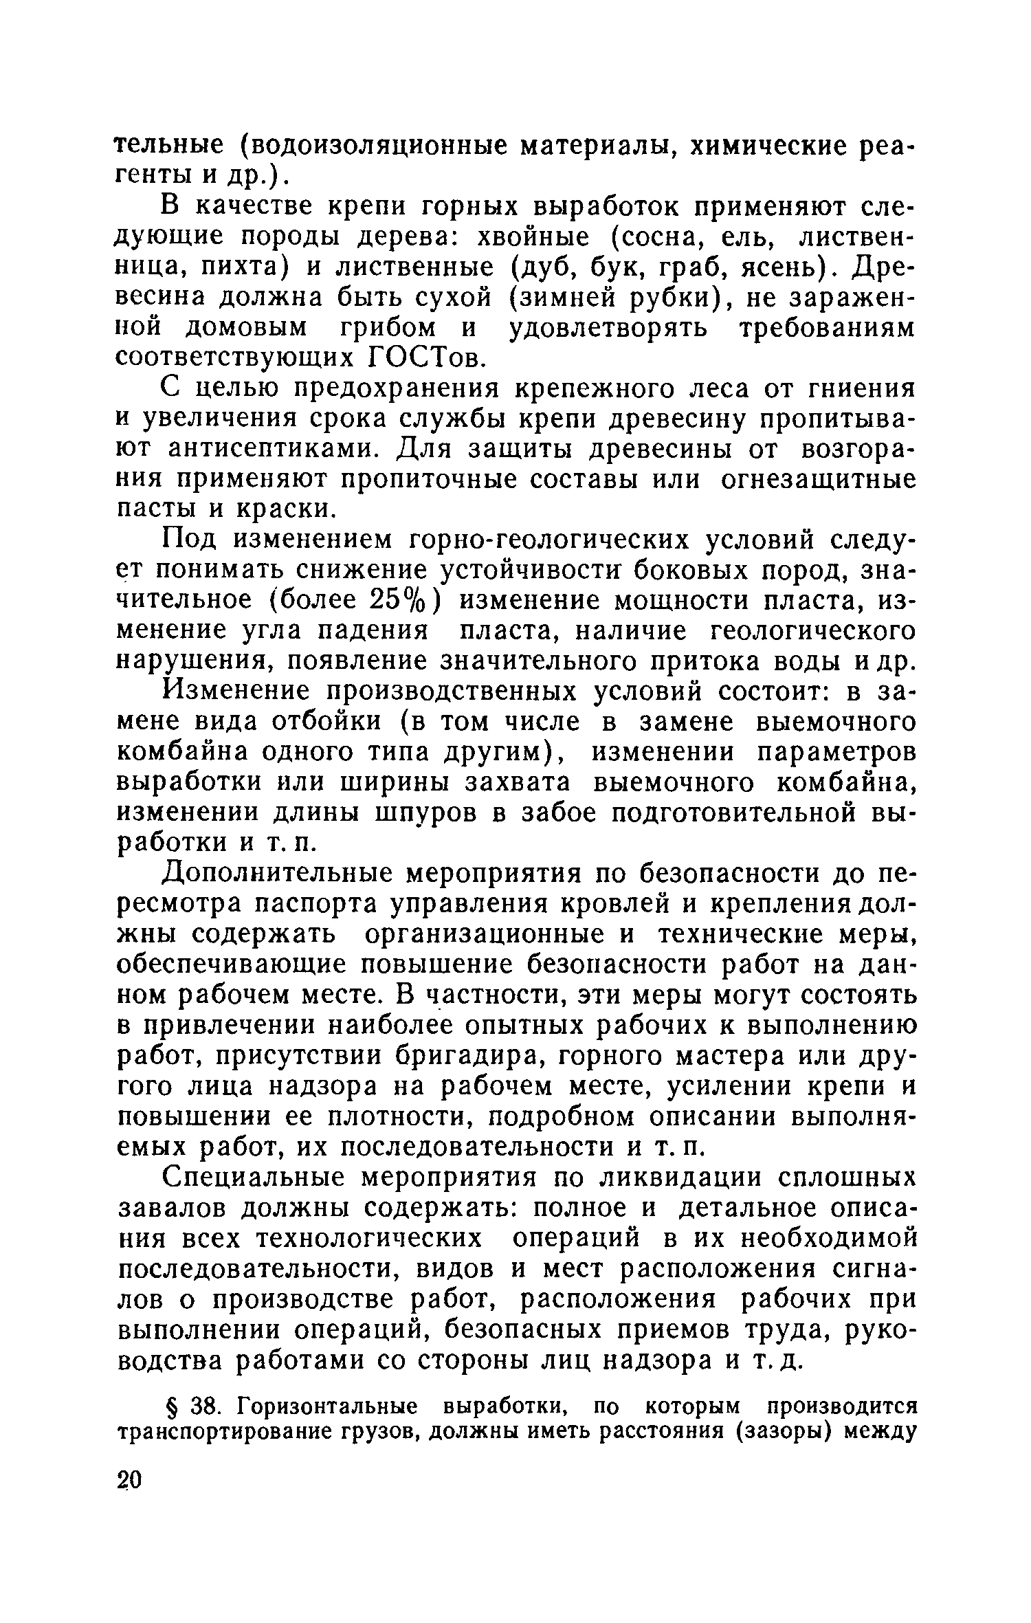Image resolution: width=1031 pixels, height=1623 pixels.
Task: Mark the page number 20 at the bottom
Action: tap(129, 1480)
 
